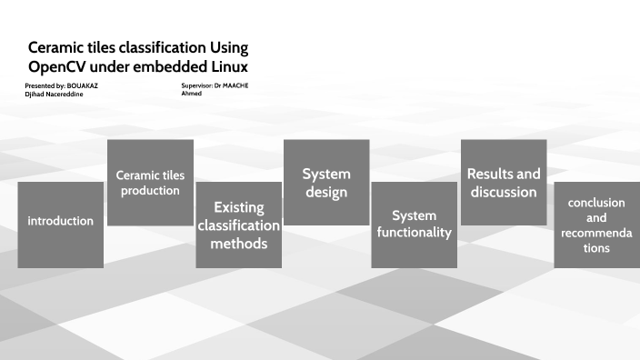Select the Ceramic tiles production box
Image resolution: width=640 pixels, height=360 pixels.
click(150, 182)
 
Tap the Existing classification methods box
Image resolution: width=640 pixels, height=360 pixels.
click(239, 225)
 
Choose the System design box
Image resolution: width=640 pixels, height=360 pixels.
click(326, 182)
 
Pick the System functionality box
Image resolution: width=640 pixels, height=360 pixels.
click(415, 225)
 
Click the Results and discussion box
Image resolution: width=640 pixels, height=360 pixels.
click(504, 182)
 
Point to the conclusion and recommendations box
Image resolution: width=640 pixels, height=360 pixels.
click(596, 225)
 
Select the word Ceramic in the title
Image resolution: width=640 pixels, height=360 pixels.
click(58, 47)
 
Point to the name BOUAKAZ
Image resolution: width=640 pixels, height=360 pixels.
click(83, 85)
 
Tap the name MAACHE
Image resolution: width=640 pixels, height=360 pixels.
click(235, 85)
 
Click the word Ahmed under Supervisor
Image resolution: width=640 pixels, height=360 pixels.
click(191, 94)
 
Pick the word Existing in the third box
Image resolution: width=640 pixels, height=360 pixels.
click(239, 207)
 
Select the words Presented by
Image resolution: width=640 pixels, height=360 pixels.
click(45, 85)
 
